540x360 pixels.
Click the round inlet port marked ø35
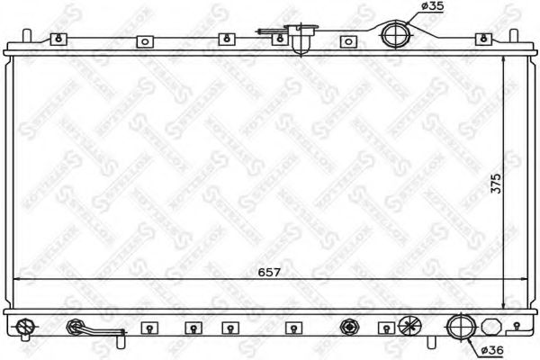click(x=395, y=35)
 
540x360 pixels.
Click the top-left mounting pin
click(x=29, y=38)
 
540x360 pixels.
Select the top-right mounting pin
click(x=515, y=38)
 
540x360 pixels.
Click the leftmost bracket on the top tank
click(x=58, y=39)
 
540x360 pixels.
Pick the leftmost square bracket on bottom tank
click(x=149, y=328)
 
